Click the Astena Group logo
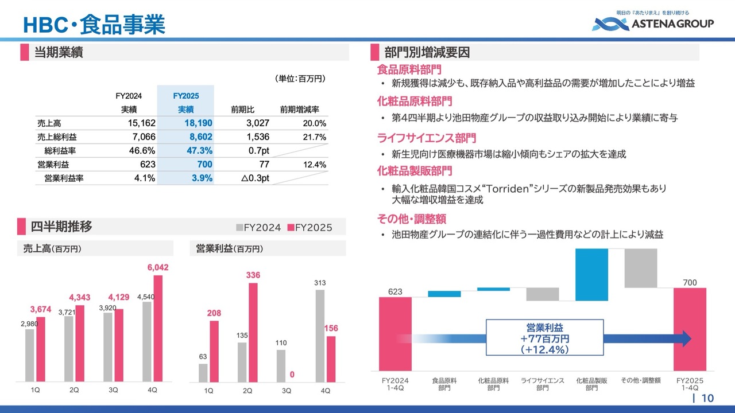coord(653,23)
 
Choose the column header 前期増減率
coord(299,110)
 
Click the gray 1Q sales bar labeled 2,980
coord(30,355)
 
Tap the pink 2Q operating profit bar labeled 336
coord(253,332)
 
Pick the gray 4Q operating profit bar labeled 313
coord(320,336)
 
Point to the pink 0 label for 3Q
coord(292,375)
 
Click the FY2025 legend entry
coord(310,228)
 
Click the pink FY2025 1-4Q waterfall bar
coord(690,329)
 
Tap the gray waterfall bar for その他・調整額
coord(641,268)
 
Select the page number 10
coord(707,399)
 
